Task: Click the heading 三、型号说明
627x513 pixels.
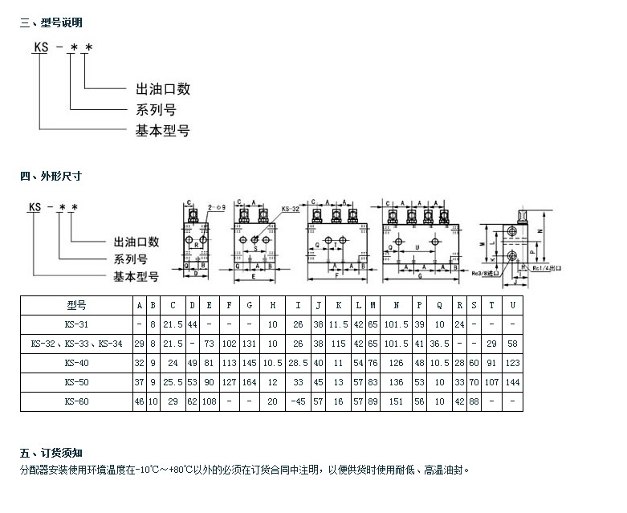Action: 51,22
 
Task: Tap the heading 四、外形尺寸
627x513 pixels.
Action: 51,175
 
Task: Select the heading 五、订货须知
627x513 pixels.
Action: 51,454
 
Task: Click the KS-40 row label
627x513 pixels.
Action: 76,362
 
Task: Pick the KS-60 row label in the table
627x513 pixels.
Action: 76,401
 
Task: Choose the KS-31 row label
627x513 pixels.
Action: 76,324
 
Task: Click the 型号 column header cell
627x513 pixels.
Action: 76,305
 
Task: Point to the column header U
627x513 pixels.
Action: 512,305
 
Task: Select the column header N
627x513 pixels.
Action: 397,305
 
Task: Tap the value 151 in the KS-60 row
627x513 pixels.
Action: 397,401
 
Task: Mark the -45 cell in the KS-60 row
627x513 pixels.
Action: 299,401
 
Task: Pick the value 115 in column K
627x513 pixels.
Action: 339,344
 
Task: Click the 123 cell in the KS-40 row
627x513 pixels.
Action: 512,362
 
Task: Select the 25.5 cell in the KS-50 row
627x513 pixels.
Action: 173,381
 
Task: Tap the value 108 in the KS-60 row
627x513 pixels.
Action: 209,401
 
